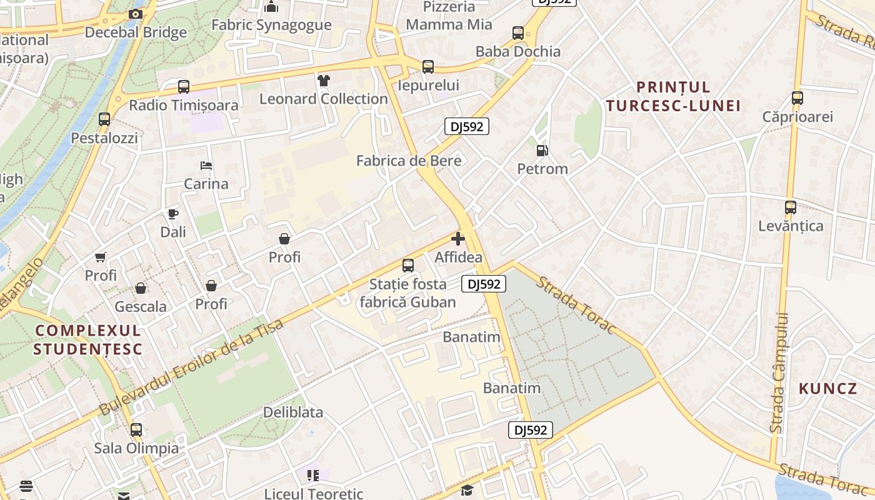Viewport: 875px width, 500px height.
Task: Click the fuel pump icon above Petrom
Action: click(542, 151)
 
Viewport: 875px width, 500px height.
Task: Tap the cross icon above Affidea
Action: click(458, 239)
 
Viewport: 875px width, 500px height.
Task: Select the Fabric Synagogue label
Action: click(271, 25)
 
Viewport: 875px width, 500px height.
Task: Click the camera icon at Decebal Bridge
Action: click(136, 14)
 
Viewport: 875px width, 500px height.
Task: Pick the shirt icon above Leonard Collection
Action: click(323, 81)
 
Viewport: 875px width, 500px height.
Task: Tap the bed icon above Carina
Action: click(206, 166)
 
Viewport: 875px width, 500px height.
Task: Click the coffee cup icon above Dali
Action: click(173, 214)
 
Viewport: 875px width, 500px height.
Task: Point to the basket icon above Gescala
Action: click(141, 288)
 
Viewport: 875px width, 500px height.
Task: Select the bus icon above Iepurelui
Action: click(428, 67)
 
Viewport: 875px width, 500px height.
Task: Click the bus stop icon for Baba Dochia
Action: click(518, 33)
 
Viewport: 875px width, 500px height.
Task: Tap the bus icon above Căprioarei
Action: click(797, 98)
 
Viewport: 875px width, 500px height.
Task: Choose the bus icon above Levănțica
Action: click(791, 207)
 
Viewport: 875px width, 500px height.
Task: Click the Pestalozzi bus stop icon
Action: click(104, 119)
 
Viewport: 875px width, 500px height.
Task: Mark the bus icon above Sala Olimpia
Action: click(136, 430)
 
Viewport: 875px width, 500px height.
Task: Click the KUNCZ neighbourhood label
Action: click(828, 389)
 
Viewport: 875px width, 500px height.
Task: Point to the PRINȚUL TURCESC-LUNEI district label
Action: click(672, 96)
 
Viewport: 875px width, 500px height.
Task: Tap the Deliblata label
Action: click(293, 412)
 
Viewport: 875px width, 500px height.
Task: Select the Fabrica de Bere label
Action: click(409, 161)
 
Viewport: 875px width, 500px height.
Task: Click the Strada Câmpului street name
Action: click(778, 373)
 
